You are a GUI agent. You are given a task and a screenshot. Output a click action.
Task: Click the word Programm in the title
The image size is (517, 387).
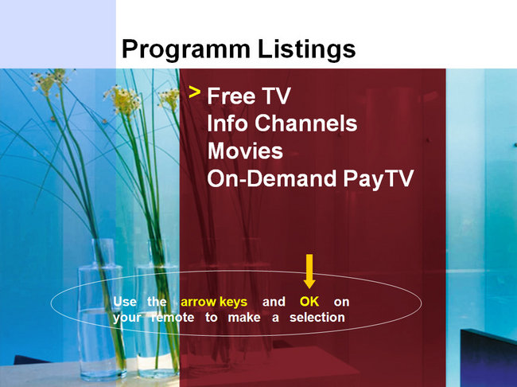pos(186,49)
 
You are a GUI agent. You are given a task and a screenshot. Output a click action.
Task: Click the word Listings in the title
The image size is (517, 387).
pos(307,49)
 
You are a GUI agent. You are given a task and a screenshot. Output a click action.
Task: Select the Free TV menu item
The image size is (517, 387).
pos(249,96)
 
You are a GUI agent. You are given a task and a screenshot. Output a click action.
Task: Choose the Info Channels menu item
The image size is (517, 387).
pos(282,123)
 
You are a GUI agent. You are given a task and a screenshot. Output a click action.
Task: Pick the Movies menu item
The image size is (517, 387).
pos(245,151)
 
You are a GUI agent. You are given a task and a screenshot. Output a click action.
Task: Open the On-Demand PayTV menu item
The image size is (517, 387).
pos(310,178)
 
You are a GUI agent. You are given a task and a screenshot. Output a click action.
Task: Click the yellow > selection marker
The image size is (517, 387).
pos(195,92)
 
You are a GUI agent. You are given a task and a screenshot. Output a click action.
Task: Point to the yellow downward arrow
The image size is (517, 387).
pos(309,271)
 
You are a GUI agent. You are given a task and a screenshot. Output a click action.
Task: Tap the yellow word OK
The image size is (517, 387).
pos(309,302)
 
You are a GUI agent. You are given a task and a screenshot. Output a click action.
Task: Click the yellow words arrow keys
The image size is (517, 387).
pos(214,302)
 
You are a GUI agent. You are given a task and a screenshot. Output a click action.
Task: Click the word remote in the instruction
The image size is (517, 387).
pos(173,318)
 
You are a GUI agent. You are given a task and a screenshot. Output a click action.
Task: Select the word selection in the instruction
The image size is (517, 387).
pos(317,318)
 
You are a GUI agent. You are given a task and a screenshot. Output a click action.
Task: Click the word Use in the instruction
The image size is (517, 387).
pos(125,302)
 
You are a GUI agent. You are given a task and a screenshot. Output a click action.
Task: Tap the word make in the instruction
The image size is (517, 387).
pos(244,318)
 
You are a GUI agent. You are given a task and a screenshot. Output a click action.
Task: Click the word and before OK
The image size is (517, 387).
pos(274,302)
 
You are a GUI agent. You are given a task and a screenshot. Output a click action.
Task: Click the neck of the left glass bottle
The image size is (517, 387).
pos(103,252)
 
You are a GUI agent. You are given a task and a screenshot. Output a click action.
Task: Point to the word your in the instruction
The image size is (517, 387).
pos(127,318)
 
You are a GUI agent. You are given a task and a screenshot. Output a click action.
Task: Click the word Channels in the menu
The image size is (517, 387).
pos(306,123)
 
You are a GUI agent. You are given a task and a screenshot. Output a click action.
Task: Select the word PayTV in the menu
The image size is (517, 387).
pos(378,179)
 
